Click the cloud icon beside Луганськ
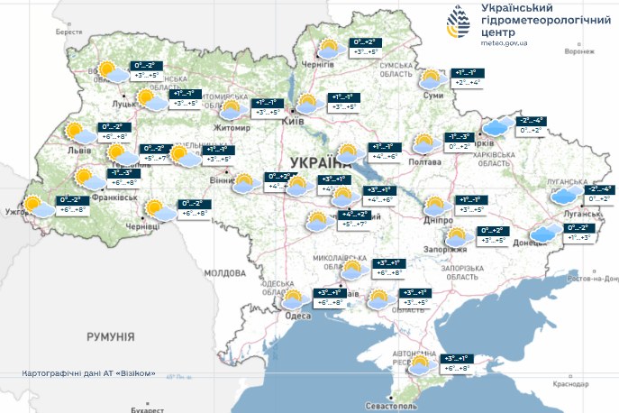(x=566, y=196)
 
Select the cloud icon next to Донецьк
(x=544, y=234)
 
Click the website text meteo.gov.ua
(x=505, y=42)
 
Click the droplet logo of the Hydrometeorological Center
(x=458, y=24)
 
